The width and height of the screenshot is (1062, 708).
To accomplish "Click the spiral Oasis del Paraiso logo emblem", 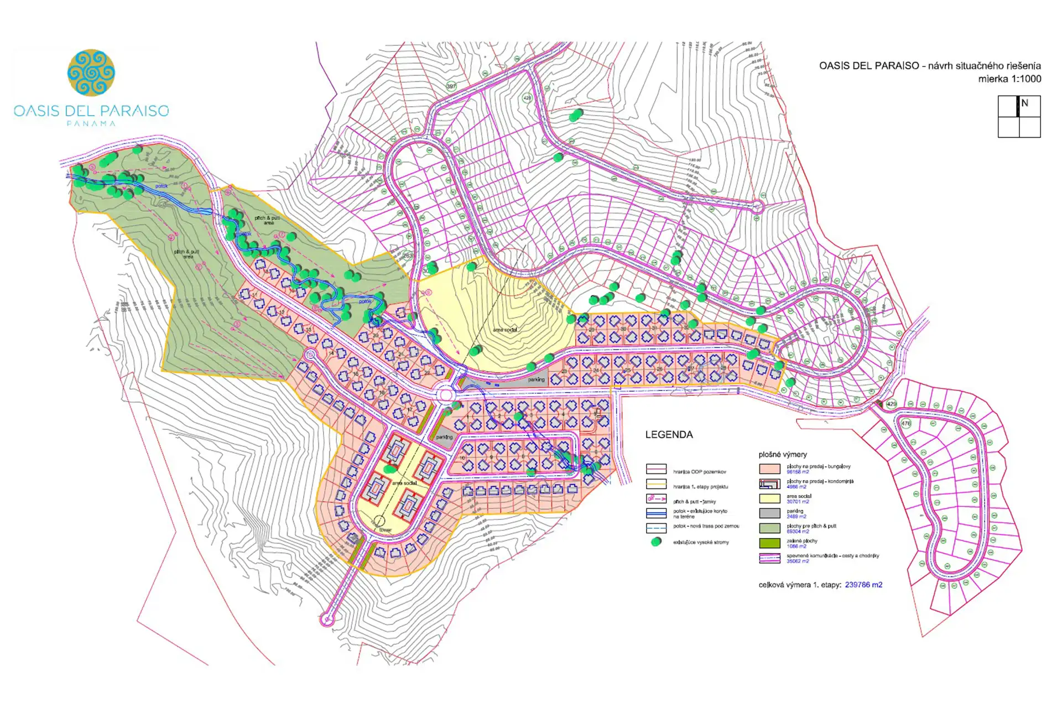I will (x=91, y=72).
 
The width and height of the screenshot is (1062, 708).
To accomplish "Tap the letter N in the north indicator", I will (x=1024, y=103).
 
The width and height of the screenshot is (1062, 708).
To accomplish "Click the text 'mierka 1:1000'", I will (x=1009, y=79).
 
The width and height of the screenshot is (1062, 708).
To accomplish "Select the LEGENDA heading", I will (x=669, y=435).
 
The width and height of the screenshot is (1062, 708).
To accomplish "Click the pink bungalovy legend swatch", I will (x=769, y=469).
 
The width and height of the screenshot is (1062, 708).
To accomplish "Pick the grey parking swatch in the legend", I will (x=769, y=513).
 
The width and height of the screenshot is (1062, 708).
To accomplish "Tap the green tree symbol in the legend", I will (x=656, y=542).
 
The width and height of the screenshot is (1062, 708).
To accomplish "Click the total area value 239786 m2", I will (x=863, y=585).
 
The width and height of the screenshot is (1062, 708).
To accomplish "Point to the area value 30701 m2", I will (x=798, y=502).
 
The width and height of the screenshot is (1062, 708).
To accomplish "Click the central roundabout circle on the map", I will (x=446, y=395).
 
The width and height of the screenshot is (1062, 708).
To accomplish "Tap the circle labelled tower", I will (x=379, y=521).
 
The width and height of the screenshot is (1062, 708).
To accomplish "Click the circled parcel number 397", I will (x=451, y=86).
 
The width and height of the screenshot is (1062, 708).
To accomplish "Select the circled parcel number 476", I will (x=905, y=424).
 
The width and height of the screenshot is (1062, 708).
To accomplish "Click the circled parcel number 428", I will (x=527, y=98).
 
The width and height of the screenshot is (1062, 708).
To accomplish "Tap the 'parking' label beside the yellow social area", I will (x=536, y=380).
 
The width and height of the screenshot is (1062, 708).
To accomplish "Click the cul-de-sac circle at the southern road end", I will (x=327, y=620).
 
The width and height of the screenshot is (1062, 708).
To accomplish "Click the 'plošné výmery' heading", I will (x=783, y=455).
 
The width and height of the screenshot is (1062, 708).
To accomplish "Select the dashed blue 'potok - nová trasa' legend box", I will (x=656, y=528).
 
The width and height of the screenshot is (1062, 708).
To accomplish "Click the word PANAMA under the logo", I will (x=91, y=124).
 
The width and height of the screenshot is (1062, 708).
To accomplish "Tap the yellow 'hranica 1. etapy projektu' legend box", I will (x=656, y=484).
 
